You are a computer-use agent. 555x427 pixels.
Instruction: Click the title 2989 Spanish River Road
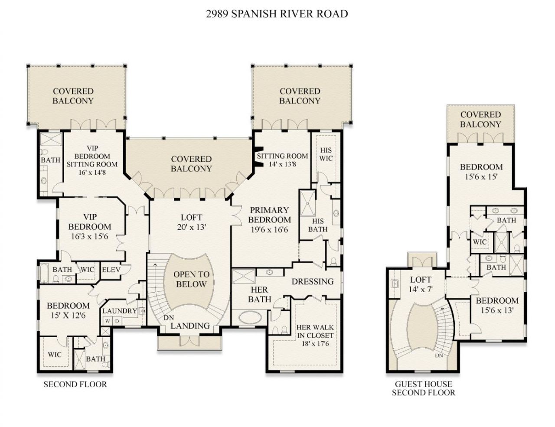[277, 14]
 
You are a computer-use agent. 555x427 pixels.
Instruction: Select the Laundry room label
[120, 311]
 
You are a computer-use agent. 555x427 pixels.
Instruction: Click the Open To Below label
[191, 280]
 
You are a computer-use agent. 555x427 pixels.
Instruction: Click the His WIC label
[326, 154]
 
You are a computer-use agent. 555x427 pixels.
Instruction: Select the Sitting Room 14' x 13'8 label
[282, 160]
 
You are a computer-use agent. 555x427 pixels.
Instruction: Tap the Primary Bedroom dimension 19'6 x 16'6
[269, 230]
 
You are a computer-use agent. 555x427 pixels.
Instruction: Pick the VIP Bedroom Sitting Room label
[92, 160]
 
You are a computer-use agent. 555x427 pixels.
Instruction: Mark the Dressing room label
[312, 281]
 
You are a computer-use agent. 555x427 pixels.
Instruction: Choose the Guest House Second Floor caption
[423, 388]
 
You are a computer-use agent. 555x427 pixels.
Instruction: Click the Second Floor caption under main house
[75, 385]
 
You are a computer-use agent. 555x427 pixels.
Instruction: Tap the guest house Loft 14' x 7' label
[421, 284]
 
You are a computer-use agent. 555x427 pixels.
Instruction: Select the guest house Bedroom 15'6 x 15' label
[481, 172]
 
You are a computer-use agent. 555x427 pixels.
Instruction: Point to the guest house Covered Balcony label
[480, 120]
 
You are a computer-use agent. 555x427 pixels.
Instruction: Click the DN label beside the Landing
[169, 318]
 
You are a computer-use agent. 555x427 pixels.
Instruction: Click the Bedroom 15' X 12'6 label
[68, 310]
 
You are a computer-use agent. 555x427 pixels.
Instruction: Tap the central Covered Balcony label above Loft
[191, 164]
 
